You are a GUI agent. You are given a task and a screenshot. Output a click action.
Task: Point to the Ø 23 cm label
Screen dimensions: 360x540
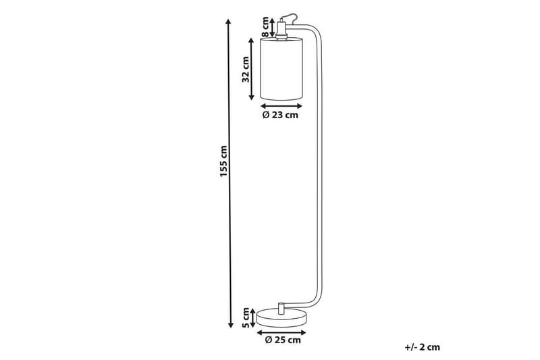[280, 115]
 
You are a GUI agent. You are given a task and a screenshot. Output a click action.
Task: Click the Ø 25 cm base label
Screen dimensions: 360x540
[282, 340]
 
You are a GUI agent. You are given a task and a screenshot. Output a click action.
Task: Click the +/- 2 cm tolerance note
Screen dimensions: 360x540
[423, 347]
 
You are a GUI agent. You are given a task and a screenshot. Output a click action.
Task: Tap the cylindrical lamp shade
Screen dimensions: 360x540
[281, 70]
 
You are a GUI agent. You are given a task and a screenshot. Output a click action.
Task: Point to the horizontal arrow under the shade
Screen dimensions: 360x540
[281, 105]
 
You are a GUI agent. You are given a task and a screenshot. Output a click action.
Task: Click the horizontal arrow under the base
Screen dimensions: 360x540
[281, 331]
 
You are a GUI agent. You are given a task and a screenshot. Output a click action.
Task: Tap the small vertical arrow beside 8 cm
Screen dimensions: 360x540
[273, 27]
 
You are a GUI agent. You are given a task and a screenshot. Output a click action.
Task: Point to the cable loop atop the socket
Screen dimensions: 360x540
[289, 15]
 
